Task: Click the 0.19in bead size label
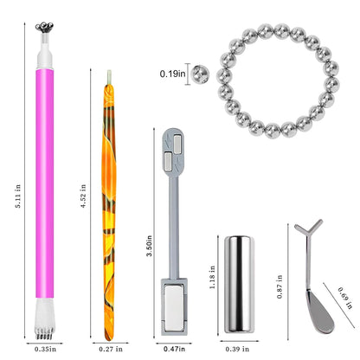pyautogui.click(x=172, y=74)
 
